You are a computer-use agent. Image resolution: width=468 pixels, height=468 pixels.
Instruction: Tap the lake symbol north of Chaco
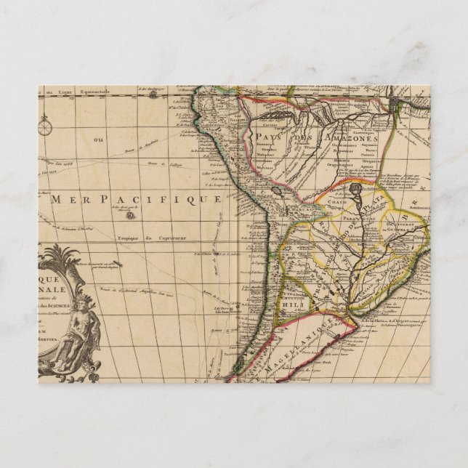355,190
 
